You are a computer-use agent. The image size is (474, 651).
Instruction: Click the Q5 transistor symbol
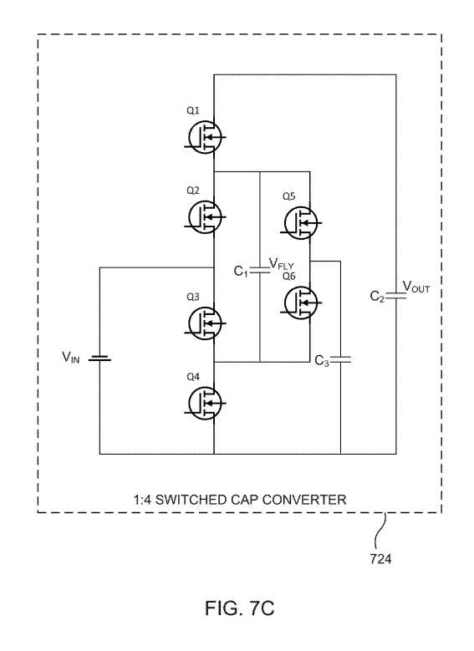[301, 223]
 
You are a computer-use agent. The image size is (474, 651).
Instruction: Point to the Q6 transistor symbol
[301, 303]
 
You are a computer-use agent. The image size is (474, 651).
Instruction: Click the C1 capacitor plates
[260, 271]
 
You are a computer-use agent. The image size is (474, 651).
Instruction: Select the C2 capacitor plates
[396, 296]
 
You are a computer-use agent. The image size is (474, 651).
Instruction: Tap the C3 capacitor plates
[340, 359]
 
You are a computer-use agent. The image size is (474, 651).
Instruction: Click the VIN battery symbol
[99, 358]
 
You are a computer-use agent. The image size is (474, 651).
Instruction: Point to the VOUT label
[416, 287]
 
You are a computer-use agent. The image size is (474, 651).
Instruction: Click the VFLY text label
[282, 263]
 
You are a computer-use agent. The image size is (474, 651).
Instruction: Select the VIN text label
[70, 357]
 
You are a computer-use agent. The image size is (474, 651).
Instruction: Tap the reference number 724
[380, 559]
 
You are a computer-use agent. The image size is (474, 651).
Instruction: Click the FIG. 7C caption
[240, 608]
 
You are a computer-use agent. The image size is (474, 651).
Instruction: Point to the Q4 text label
[193, 377]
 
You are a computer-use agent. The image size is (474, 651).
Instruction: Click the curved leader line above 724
[380, 532]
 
